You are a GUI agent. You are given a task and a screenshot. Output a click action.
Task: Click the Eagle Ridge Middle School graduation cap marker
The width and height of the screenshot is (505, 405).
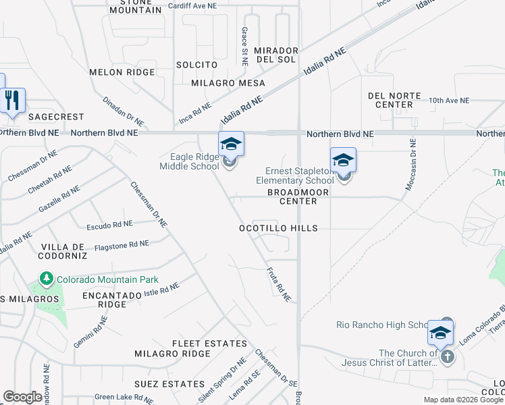(x=231, y=144)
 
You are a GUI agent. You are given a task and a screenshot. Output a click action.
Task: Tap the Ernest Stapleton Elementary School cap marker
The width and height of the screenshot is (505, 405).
(x=343, y=161)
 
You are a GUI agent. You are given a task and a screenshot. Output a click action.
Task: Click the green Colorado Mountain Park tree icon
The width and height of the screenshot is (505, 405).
(x=46, y=278)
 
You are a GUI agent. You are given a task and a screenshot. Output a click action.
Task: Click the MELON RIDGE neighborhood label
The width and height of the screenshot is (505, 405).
(x=122, y=72)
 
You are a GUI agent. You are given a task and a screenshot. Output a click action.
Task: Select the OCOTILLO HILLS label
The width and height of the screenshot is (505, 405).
(x=278, y=228)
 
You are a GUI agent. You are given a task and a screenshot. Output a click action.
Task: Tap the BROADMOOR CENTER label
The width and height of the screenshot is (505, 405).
(x=298, y=196)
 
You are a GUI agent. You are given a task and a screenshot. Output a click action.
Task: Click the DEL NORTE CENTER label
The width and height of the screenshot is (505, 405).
(x=394, y=101)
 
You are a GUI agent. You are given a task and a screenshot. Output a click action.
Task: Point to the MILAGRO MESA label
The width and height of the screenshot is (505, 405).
(x=228, y=83)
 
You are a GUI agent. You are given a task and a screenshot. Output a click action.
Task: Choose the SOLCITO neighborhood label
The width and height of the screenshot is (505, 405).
(x=196, y=65)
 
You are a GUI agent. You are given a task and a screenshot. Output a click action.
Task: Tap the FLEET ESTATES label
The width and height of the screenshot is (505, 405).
(x=209, y=344)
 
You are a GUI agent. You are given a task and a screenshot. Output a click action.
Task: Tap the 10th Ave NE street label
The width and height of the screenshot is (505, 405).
(x=448, y=100)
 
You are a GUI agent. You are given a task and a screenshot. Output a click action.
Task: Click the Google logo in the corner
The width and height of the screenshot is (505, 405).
(x=22, y=397)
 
